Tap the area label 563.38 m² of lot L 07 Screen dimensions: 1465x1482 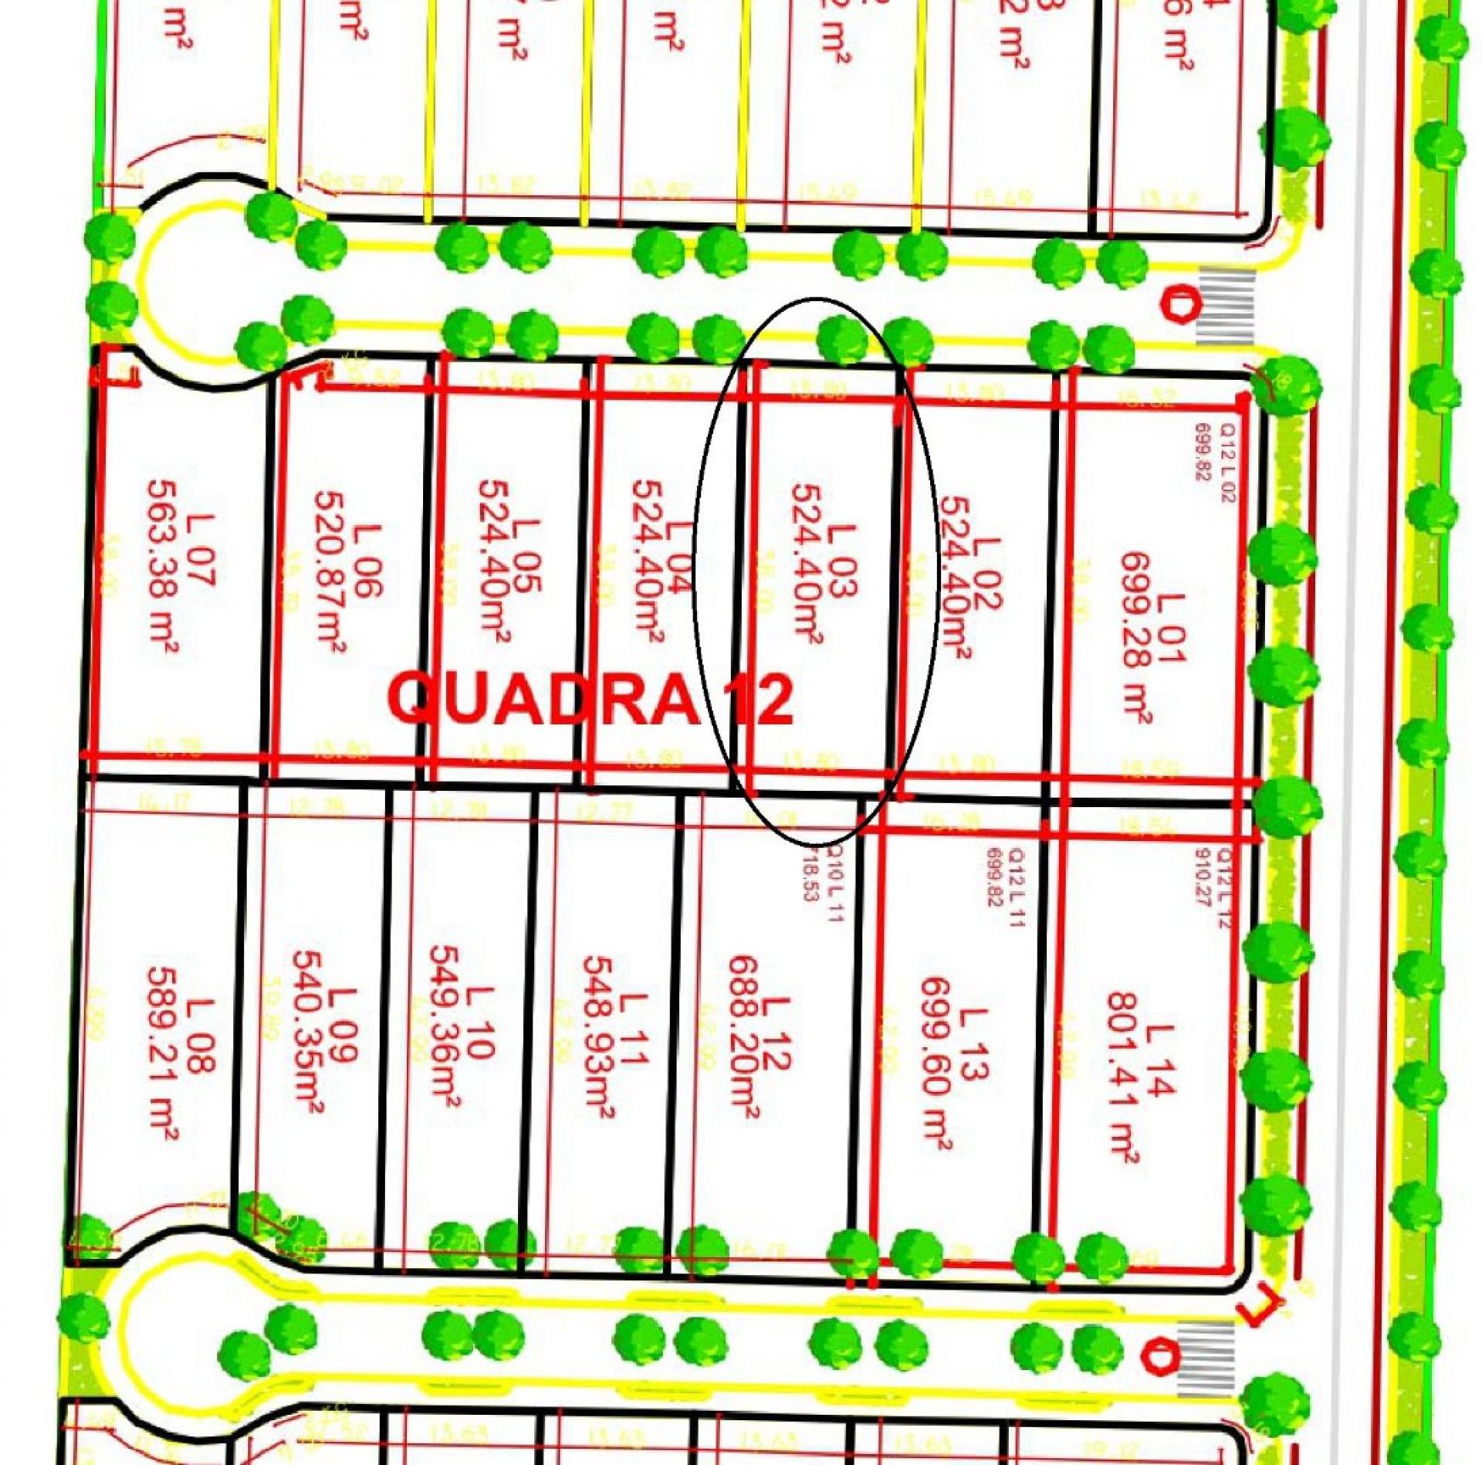[161, 568]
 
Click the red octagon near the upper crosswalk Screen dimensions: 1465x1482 [1179, 304]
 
